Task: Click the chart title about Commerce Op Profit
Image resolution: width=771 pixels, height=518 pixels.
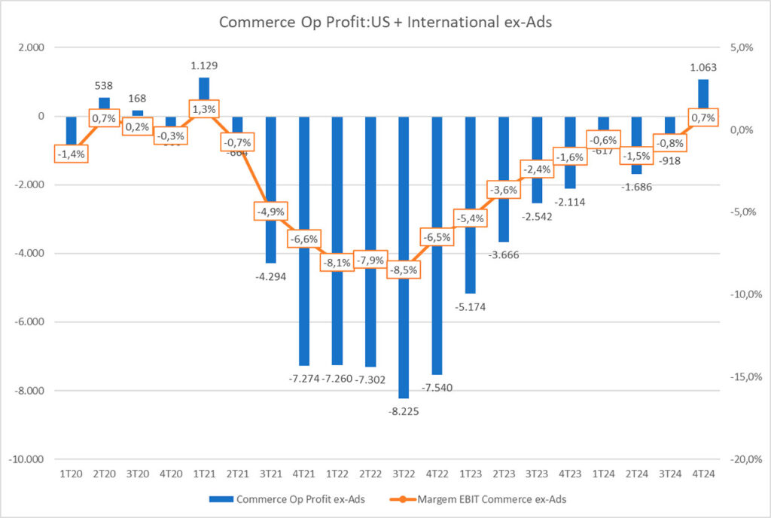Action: [x=385, y=22]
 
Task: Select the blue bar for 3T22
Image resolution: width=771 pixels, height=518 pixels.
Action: [x=404, y=331]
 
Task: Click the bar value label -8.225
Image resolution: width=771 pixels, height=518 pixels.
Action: [x=404, y=411]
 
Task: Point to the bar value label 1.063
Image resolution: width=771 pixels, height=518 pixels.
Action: [x=702, y=67]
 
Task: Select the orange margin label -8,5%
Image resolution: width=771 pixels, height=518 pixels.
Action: [x=404, y=269]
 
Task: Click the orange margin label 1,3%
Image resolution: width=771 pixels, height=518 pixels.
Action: [x=204, y=109]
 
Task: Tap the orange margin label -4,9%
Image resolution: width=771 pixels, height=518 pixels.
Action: [x=270, y=212]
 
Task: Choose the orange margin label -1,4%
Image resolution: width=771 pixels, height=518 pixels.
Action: [x=72, y=154]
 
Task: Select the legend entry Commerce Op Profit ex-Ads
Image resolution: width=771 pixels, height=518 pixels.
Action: [x=290, y=498]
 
